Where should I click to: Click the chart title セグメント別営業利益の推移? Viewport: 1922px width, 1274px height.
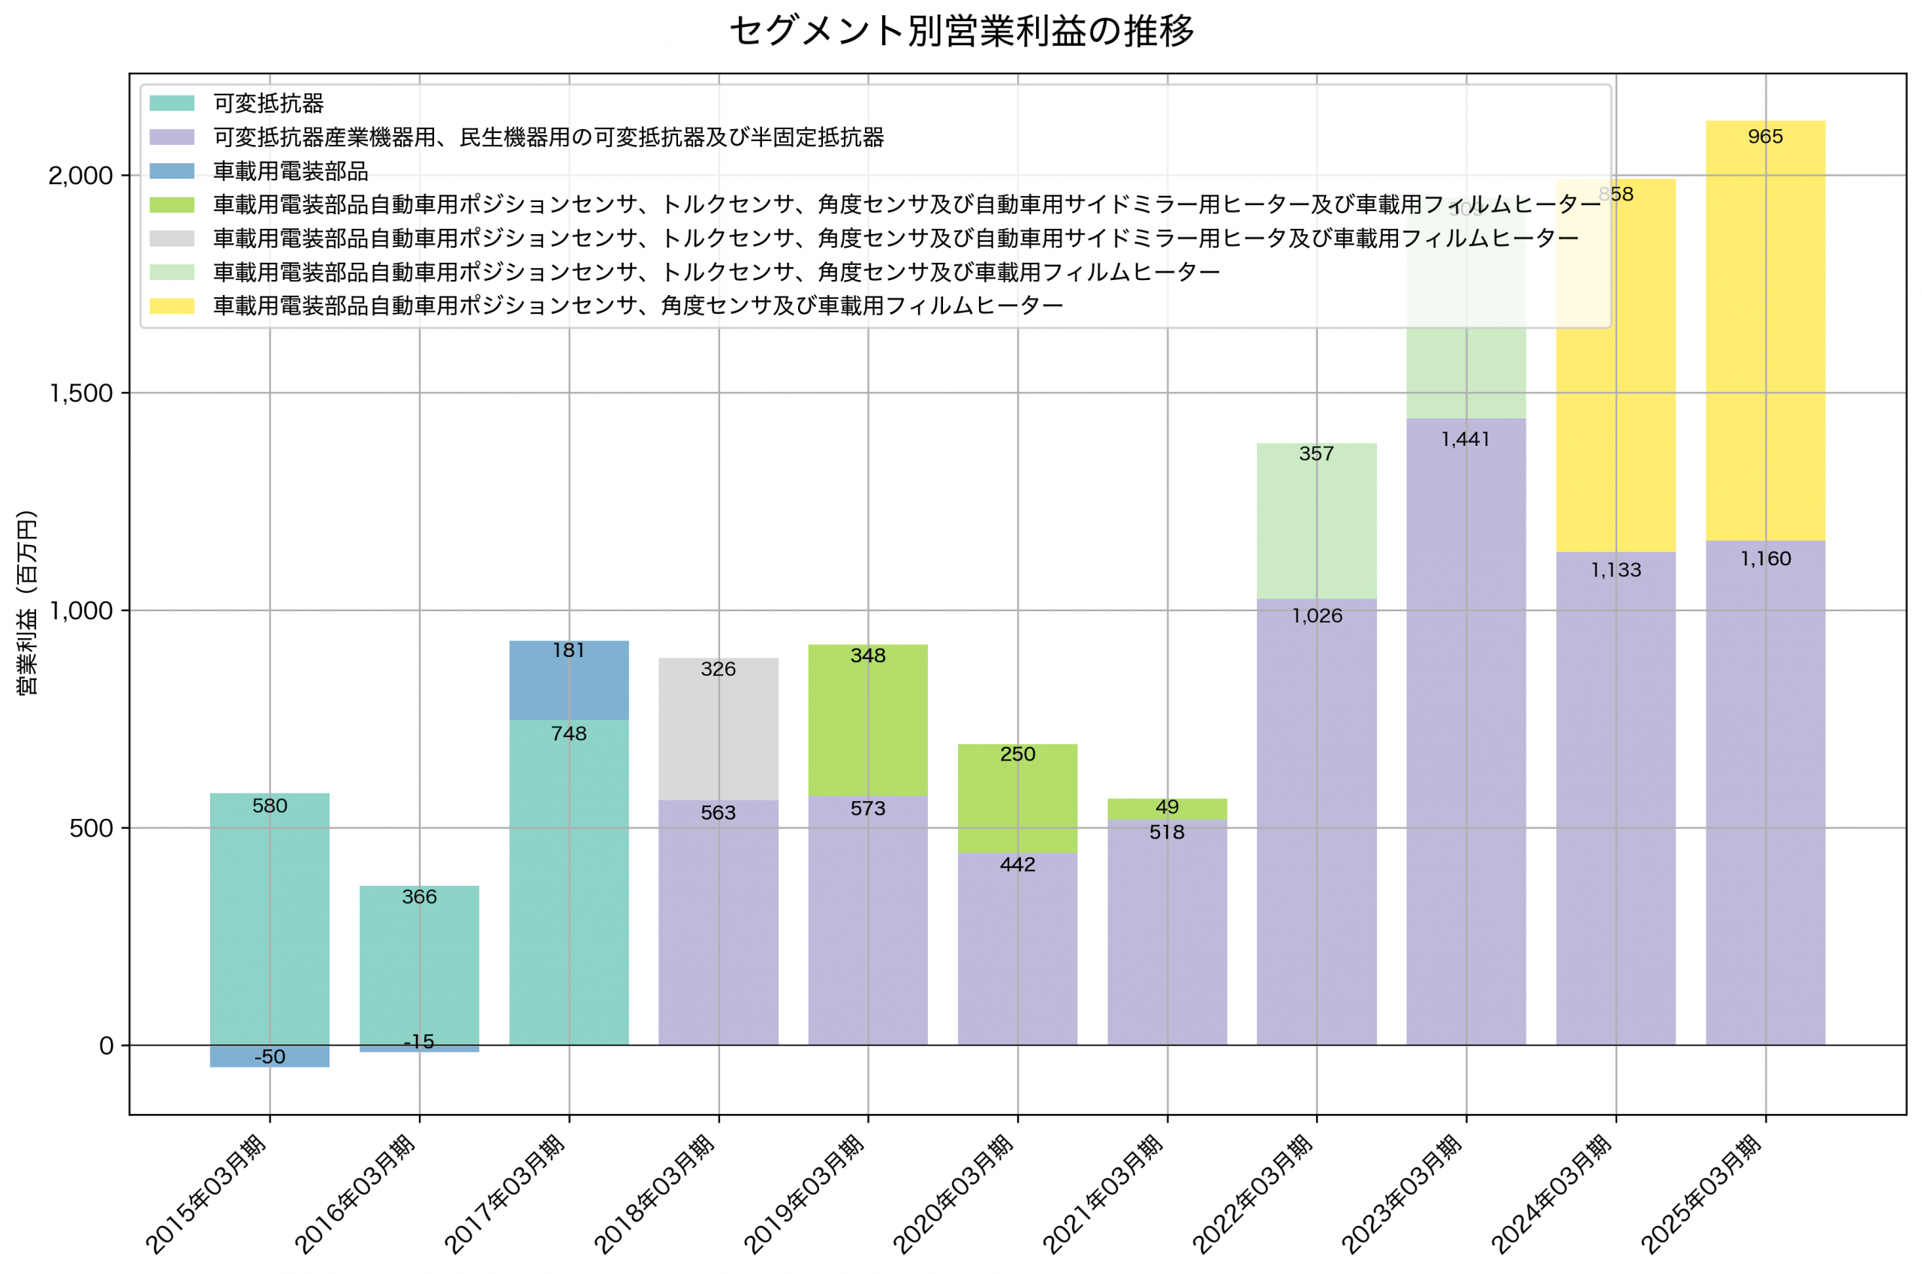(961, 31)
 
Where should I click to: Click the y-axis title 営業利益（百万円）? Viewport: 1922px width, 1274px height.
(27, 602)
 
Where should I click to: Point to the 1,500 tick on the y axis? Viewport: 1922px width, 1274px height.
(80, 393)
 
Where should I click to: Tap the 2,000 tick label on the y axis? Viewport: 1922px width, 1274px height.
(80, 176)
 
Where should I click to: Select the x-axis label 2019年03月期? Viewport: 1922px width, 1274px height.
(805, 1195)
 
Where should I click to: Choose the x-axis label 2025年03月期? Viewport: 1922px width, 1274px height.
(1703, 1195)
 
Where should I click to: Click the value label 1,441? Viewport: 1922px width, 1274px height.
(1466, 440)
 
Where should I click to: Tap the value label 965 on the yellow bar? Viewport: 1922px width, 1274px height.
(1765, 137)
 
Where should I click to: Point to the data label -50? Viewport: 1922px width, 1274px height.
(270, 1057)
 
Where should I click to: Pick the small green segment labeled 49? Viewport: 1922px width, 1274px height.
(1167, 809)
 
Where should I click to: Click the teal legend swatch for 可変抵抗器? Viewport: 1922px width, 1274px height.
(172, 103)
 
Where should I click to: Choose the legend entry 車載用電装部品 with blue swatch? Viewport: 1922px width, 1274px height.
(290, 171)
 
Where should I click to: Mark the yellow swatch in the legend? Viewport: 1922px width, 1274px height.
(172, 306)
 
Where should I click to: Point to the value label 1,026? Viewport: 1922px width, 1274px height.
(1317, 616)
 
